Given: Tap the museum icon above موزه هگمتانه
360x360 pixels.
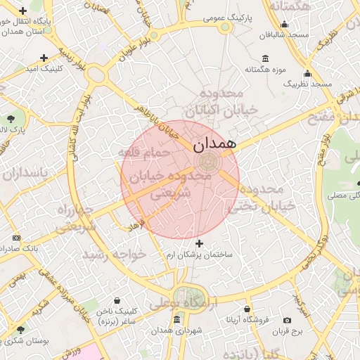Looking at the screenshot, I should point(264,58).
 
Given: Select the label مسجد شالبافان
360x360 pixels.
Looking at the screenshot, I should point(283,34).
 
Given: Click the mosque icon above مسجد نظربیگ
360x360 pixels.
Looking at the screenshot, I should point(307,73).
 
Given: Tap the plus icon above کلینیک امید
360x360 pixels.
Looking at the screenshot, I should point(44,58).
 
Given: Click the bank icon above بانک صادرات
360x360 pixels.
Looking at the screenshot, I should point(17,238).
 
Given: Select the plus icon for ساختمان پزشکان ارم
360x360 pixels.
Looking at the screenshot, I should point(199,243).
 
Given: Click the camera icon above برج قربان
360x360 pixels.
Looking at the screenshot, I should point(287,320).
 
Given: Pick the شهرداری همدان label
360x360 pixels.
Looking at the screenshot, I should point(176,330).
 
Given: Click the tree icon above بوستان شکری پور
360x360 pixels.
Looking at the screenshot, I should point(20,329).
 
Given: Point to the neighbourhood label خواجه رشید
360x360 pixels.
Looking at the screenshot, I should point(115,254).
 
